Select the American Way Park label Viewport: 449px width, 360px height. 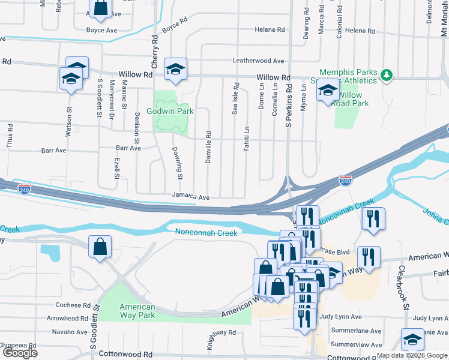pos(137,310)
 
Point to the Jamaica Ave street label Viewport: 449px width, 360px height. pos(190,197)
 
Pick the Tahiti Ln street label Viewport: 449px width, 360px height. pos(246,139)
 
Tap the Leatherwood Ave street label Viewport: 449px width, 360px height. pos(258,61)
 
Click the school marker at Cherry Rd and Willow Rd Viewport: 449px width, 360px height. pos(176,70)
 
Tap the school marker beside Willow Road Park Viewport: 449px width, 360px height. pos(328,91)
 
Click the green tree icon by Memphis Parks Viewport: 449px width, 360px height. pos(387,75)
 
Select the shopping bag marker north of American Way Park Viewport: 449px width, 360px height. pos(100,247)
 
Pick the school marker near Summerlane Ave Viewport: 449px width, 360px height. pos(412,340)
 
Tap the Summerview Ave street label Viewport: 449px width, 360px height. pos(356,344)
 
